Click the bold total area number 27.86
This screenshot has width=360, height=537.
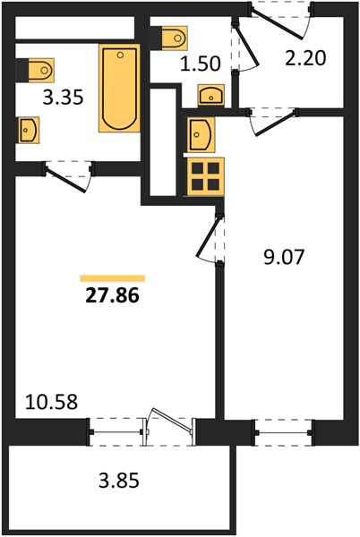coord(112,295)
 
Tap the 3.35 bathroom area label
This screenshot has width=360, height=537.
coord(64,98)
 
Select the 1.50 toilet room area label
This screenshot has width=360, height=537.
coord(201,64)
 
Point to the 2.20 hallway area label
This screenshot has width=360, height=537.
coord(305,58)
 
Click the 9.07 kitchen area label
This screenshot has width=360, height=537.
coord(284,257)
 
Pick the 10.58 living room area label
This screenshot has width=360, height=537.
coord(51,402)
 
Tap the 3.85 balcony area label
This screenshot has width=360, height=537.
coord(119,480)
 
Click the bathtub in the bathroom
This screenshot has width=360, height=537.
coord(119,88)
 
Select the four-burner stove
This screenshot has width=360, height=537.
coord(205,176)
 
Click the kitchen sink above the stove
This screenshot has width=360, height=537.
coord(201,134)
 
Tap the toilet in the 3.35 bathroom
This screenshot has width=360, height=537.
coord(35,70)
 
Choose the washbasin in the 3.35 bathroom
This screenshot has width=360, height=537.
coord(29,130)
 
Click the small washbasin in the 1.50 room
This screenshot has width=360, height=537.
coord(211,95)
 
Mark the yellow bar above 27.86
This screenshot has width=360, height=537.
coord(112,278)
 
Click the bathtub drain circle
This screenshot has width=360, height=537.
coord(120,55)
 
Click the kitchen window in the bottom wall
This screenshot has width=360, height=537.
coord(283,432)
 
